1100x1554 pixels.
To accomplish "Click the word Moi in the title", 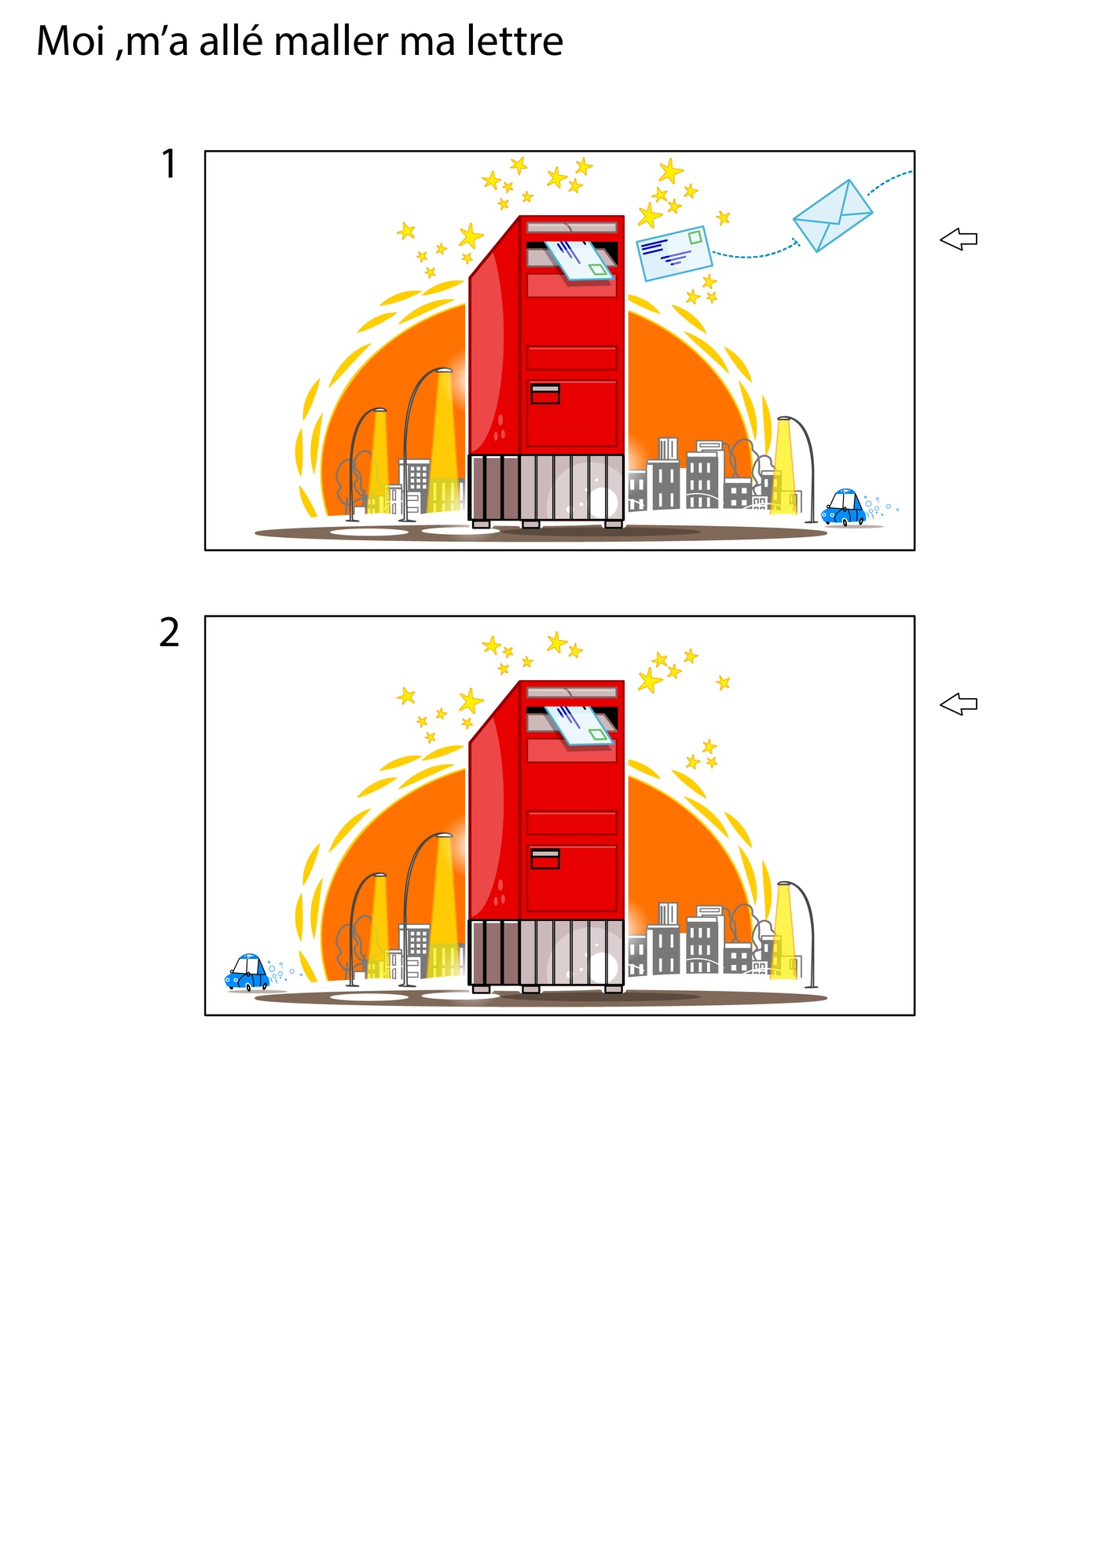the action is tap(71, 41).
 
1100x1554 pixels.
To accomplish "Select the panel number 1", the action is tap(169, 164).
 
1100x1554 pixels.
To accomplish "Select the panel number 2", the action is tap(169, 632).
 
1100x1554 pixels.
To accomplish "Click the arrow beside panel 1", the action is tap(959, 239).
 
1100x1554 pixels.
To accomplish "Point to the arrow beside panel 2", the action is tap(959, 704).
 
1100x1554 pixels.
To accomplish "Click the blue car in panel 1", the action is tap(843, 507).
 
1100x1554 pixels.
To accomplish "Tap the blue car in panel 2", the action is tap(247, 972).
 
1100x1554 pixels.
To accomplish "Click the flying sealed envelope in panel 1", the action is tap(833, 216).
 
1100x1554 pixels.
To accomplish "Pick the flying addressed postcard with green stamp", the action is tap(674, 253).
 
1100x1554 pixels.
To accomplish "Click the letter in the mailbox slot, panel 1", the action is tap(580, 260).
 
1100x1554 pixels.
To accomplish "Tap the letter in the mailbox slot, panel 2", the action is tap(580, 725).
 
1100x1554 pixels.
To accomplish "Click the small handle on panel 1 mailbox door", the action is tap(545, 393).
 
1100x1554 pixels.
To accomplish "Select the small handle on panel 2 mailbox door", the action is tap(545, 858).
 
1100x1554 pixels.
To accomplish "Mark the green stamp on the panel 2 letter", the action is tap(599, 734).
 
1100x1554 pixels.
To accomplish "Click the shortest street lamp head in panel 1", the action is tap(379, 410).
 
